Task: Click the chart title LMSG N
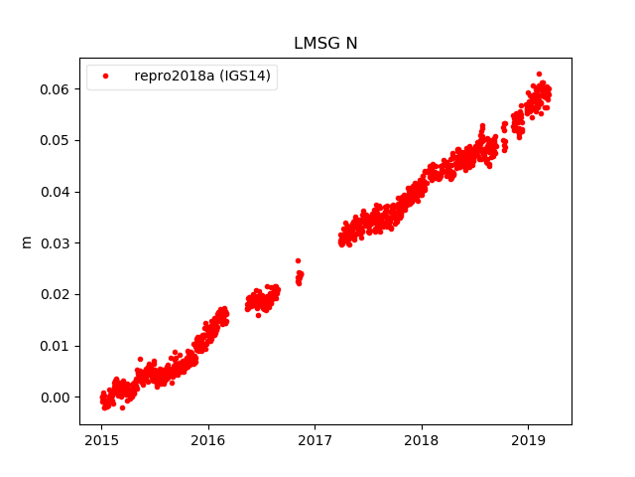(324, 43)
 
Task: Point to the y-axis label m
(27, 241)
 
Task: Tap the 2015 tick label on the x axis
(101, 438)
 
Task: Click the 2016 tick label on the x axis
(208, 438)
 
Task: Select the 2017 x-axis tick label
(315, 438)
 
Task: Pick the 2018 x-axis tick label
(422, 438)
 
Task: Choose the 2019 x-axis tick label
(528, 438)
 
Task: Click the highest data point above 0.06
(539, 74)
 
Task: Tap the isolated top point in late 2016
(298, 260)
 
